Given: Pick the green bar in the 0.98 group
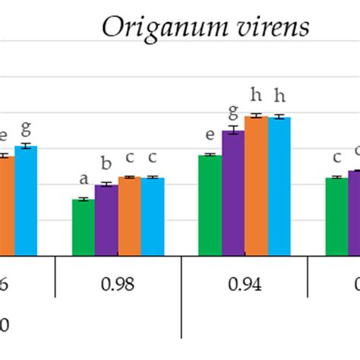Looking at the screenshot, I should tap(84, 227).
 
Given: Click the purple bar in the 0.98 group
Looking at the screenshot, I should tap(106, 219).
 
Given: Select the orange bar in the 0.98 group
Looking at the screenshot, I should tap(129, 216).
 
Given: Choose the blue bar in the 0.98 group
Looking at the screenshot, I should tap(153, 216).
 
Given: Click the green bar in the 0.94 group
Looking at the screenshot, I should tap(210, 205).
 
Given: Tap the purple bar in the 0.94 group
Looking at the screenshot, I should tap(232, 193).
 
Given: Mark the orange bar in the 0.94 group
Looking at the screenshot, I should tap(256, 185).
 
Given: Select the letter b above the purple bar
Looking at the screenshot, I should tap(106, 164).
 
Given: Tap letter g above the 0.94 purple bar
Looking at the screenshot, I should tap(232, 112).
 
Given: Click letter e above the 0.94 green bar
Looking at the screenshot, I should tap(210, 137).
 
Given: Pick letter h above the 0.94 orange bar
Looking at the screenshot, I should tap(256, 96).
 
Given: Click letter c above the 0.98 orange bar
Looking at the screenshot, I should tap(129, 158).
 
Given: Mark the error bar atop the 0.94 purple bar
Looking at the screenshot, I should tap(232, 131).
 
